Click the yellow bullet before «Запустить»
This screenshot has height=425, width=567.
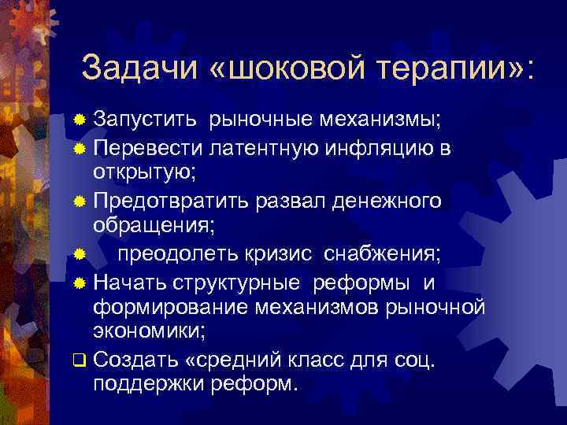78,120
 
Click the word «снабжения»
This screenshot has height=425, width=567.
386,254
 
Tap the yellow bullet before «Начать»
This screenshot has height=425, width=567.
78,282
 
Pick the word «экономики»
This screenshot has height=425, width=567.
149,330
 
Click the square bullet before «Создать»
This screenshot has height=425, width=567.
78,361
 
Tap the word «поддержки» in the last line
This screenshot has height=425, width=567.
150,384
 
